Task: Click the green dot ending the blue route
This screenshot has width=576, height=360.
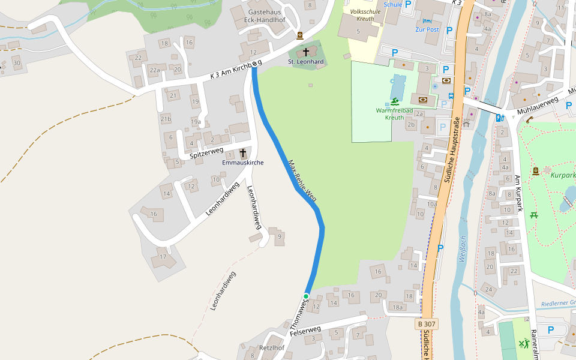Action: coord(306,296)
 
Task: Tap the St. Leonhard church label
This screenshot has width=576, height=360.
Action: coord(306,62)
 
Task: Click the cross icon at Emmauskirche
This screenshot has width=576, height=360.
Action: coord(243,154)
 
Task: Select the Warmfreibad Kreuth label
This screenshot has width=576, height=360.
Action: coord(394,114)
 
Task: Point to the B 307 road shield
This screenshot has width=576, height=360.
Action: coord(427,324)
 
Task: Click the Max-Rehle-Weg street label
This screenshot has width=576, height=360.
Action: coord(302,180)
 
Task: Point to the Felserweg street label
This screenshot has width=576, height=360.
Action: coord(305,331)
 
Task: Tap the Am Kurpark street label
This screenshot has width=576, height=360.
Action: coord(519,193)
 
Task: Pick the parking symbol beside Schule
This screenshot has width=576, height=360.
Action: coord(408,4)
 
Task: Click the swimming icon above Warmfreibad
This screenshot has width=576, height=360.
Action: coord(395,101)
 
